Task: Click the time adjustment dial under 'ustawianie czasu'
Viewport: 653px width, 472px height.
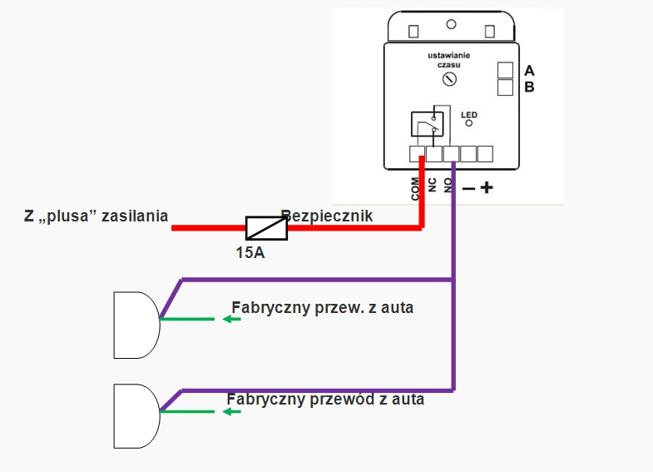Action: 449,79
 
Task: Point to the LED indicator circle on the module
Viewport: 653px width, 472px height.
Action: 469,123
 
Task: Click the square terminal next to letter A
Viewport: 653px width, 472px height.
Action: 505,71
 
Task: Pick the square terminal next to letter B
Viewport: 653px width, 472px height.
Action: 505,87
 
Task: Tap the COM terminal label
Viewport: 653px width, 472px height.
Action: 416,188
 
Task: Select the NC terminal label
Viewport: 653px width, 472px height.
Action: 433,185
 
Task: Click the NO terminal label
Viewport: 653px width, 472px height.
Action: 448,185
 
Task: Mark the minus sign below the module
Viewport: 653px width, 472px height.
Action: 468,189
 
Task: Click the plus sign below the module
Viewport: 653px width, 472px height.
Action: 487,188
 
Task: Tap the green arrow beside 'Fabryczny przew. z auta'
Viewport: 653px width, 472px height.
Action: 230,319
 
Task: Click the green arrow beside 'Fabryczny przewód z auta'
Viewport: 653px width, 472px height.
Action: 231,411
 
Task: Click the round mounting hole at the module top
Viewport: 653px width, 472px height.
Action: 451,26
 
